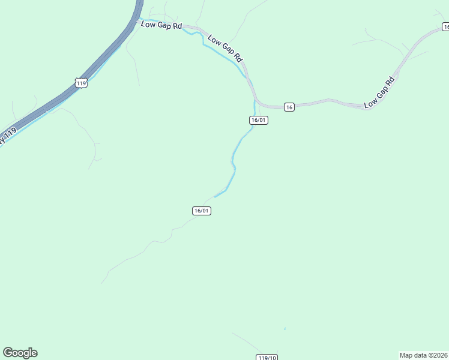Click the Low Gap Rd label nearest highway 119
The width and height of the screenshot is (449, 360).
click(x=161, y=25)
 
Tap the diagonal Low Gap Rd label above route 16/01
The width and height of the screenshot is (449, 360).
click(x=224, y=49)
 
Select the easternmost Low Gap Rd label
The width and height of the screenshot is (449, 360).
click(x=379, y=92)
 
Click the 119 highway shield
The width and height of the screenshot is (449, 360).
click(x=82, y=83)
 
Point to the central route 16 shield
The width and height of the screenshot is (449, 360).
click(x=289, y=107)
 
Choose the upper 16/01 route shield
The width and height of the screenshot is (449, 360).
click(x=259, y=120)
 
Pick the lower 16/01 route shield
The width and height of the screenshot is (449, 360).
click(x=202, y=211)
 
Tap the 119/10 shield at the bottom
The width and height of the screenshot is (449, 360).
click(x=267, y=358)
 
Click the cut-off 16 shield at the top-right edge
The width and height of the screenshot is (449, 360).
click(x=445, y=26)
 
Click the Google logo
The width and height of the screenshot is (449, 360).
click(x=20, y=353)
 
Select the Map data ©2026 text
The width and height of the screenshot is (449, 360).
click(x=424, y=355)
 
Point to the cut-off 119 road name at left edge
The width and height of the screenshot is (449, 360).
click(x=7, y=136)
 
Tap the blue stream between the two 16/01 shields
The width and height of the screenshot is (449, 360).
click(x=233, y=159)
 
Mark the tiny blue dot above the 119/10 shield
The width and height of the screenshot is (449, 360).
click(x=285, y=329)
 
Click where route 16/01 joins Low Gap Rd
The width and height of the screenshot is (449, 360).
click(x=256, y=102)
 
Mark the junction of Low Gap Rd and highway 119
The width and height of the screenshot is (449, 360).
click(x=137, y=20)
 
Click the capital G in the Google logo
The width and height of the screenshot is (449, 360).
click(x=8, y=352)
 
